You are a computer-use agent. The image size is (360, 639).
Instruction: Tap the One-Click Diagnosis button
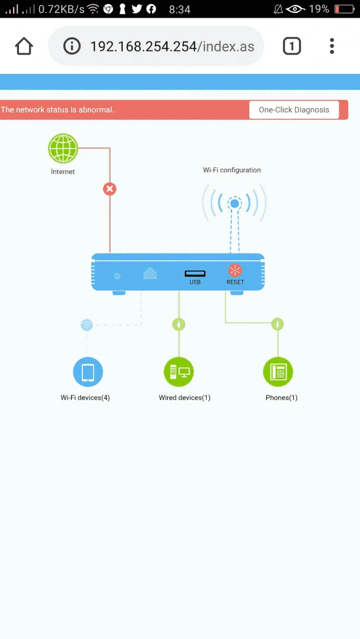tap(294, 110)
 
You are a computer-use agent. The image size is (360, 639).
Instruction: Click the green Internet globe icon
tap(63, 149)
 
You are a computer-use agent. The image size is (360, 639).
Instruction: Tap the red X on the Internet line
tap(110, 189)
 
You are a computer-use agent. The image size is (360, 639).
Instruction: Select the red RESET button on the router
tap(235, 270)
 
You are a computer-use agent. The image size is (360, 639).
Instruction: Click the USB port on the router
tap(195, 273)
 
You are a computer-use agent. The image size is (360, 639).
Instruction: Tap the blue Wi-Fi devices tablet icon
tap(88, 372)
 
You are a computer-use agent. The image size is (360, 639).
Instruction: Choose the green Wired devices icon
tap(179, 372)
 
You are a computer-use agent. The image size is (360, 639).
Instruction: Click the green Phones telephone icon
tap(278, 372)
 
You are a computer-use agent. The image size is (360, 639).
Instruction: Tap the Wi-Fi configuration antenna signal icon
tap(234, 203)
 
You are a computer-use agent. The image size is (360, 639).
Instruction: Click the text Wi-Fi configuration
tap(232, 170)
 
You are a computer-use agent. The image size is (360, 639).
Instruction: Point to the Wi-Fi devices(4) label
tap(85, 398)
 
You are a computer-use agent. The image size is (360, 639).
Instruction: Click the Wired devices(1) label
tap(185, 398)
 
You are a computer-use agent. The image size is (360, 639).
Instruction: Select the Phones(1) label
tap(282, 398)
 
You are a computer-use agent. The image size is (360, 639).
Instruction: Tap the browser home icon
tap(24, 46)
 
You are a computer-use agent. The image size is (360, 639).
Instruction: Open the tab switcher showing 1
tap(291, 46)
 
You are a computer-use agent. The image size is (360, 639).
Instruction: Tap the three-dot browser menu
tap(332, 46)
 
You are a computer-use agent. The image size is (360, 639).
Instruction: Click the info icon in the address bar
tap(72, 46)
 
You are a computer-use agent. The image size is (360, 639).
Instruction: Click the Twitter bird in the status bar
tap(137, 9)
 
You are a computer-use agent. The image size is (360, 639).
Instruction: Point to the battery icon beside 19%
tap(343, 9)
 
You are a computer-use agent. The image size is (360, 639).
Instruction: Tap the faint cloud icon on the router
tap(150, 274)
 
